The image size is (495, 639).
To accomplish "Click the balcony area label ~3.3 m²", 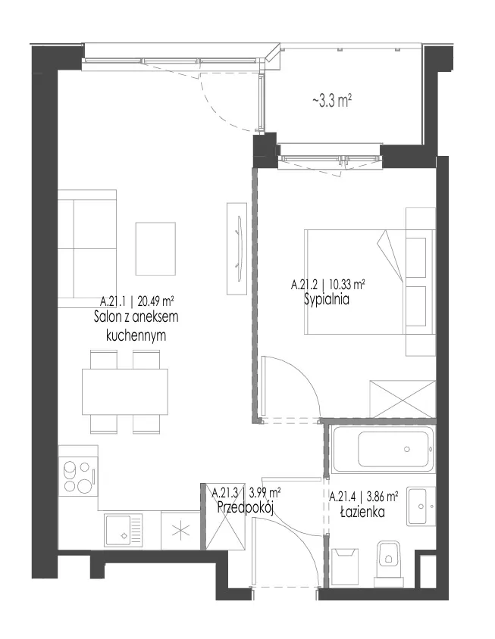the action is pyautogui.click(x=332, y=100).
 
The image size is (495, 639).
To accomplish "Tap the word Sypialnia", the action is pyautogui.click(x=327, y=300).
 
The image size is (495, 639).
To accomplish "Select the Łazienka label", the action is pyautogui.click(x=362, y=512).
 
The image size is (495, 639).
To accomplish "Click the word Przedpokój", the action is pyautogui.click(x=245, y=508).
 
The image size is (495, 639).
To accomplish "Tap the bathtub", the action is pyautogui.click(x=383, y=449).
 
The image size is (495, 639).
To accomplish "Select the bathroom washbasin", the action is pyautogui.click(x=421, y=506).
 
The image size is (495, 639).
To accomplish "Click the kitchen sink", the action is pyautogui.click(x=123, y=530).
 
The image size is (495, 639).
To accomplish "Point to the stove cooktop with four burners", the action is pyautogui.click(x=78, y=476).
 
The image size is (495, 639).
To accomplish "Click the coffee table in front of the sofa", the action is pyautogui.click(x=155, y=248).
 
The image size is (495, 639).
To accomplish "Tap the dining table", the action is pyautogui.click(x=125, y=391).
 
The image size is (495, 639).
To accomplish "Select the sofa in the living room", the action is pyautogui.click(x=87, y=248).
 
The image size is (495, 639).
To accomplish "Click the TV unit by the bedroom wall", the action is pyautogui.click(x=237, y=248).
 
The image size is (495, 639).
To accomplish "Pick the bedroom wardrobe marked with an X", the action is pyautogui.click(x=402, y=399).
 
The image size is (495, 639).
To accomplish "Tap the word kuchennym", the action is pyautogui.click(x=136, y=335).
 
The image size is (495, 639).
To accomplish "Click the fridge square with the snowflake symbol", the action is pyautogui.click(x=180, y=531).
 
